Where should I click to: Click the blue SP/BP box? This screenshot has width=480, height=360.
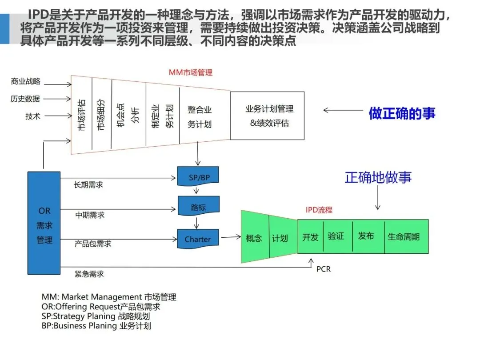coord(198,177)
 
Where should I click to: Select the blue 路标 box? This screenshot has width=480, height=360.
coord(198,207)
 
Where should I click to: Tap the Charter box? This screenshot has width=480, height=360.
coord(198,239)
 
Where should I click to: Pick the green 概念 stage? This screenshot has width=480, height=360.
coord(254,238)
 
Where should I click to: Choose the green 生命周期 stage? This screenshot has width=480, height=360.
coord(404,236)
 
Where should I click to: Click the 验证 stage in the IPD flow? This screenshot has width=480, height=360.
coord(336,236)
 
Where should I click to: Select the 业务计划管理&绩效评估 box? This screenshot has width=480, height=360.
coord(267,116)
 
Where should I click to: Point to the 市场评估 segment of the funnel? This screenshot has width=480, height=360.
coord(81,115)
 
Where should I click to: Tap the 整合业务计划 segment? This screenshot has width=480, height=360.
coord(200,116)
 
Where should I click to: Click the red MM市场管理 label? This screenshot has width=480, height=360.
coord(191,72)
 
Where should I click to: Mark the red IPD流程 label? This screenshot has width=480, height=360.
coord(319,210)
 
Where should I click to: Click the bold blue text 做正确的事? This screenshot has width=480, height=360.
coord(402,113)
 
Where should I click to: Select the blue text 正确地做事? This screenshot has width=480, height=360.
coord(378,177)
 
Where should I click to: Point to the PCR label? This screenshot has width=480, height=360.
coord(324,269)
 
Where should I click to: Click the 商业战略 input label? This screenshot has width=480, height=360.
coord(25,81)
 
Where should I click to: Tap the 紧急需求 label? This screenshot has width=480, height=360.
coord(89,274)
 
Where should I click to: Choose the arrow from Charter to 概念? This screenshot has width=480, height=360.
coord(231,238)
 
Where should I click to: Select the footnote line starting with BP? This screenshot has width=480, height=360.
coord(96,325)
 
